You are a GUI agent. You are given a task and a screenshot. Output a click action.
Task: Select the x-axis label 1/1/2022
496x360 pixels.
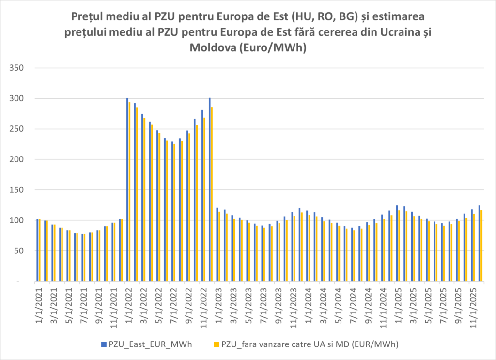(x=130, y=302)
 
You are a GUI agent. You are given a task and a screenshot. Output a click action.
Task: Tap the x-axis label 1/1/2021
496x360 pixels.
(x=40, y=302)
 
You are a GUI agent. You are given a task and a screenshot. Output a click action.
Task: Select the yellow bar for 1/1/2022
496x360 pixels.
(x=130, y=192)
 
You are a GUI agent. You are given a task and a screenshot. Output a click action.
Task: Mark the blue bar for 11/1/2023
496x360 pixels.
(x=292, y=247)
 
